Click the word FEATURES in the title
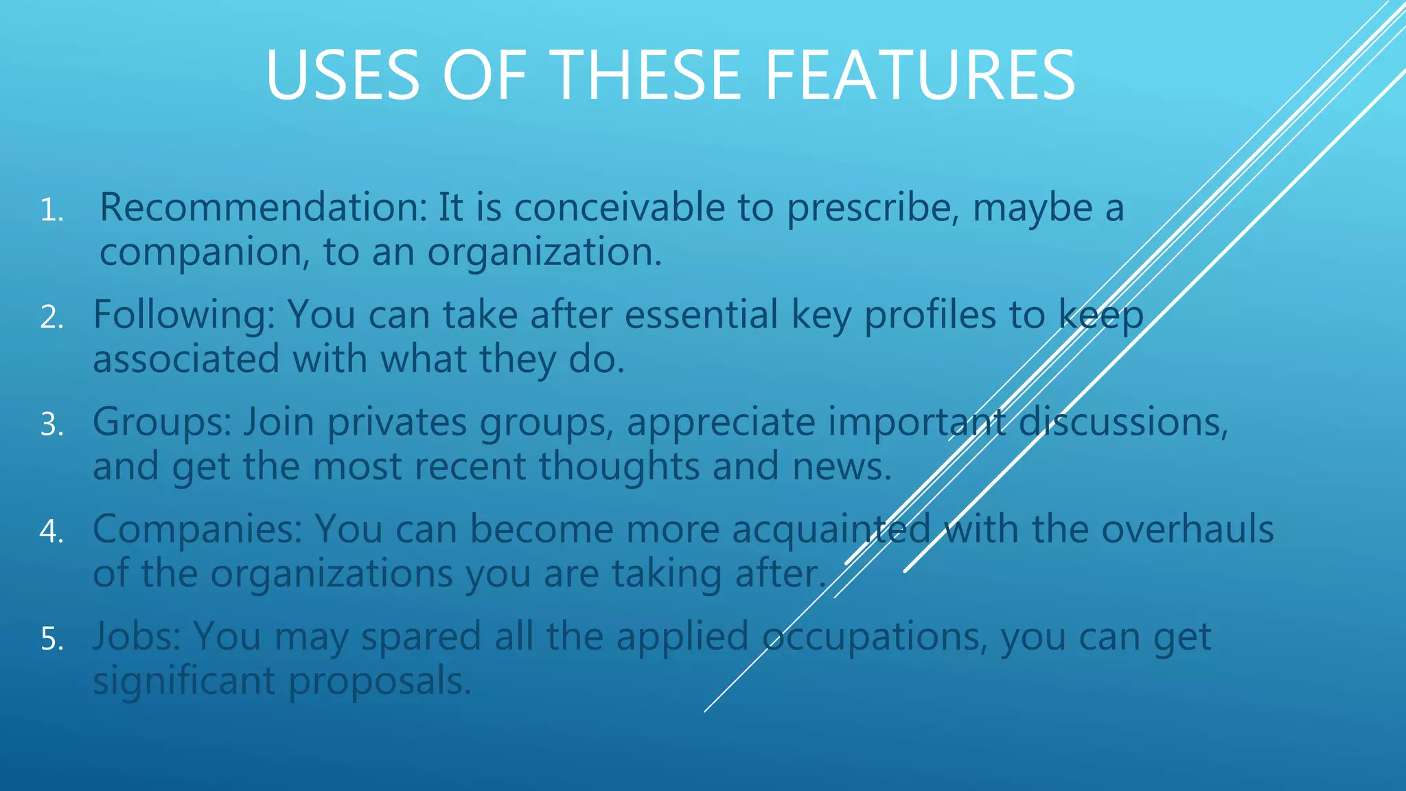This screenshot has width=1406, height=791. (919, 76)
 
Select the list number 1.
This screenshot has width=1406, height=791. (51, 210)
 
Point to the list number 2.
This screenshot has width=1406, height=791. (51, 317)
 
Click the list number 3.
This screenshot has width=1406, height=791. (51, 424)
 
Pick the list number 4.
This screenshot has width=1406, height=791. (51, 531)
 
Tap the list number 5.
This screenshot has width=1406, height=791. (51, 639)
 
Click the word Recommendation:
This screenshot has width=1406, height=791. (264, 207)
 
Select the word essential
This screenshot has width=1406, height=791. (701, 315)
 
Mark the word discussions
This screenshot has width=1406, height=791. (1123, 422)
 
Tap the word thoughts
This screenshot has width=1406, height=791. (619, 467)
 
